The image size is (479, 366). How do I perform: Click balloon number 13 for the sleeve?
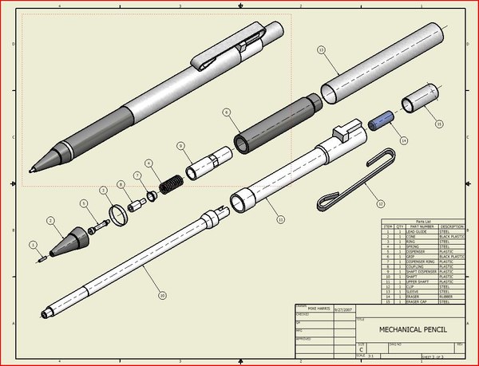coord(321,49)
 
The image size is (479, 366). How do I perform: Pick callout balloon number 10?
coord(162,296)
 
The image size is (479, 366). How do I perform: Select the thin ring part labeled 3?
coord(119,213)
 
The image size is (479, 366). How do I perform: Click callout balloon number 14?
coord(404,140)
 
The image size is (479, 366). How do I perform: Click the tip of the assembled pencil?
coord(31,170)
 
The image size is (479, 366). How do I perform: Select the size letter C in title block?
coord(360,348)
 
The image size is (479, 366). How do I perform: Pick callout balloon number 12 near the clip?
coord(380,203)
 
